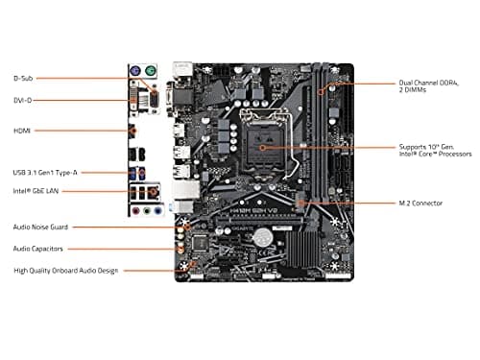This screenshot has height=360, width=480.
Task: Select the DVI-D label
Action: [x=23, y=100]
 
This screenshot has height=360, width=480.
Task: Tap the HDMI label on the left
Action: [x=22, y=130]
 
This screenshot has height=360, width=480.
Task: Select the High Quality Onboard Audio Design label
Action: [x=65, y=271]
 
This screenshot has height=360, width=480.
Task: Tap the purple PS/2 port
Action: [x=136, y=71]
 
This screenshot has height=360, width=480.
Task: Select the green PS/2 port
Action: [x=152, y=71]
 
